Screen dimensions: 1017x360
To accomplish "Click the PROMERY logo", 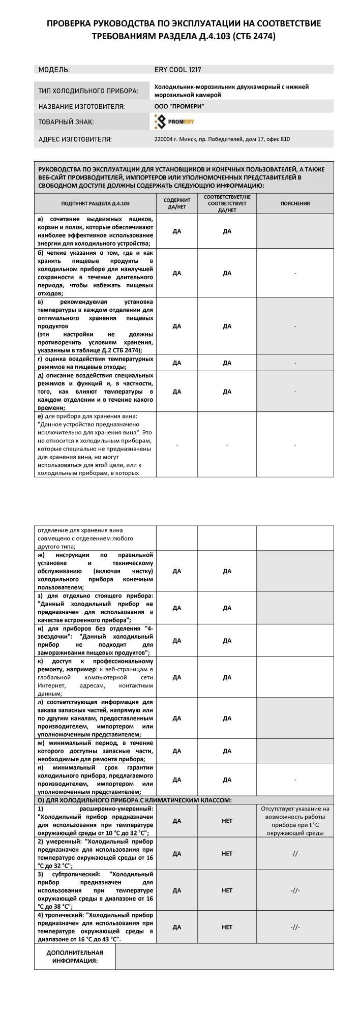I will point(174,122).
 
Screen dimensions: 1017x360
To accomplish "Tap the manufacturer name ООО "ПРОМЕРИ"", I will point(179,106).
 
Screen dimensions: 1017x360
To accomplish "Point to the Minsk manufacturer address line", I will point(222,139).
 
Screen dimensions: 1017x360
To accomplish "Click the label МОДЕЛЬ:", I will point(54,70).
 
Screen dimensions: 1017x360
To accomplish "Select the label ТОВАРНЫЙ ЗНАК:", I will point(66,122).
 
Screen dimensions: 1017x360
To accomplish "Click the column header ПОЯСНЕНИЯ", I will point(295,203).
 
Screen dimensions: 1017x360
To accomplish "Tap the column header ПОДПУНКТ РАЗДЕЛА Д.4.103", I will point(95,203).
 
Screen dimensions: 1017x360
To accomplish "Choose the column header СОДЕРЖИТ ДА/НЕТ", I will point(176,203).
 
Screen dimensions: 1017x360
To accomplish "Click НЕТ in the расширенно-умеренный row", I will point(227,821).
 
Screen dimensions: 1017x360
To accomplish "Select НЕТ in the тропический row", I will point(227,927).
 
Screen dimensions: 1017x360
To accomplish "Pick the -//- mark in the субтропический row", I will point(295,890).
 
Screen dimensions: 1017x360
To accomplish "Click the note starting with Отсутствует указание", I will point(295,821).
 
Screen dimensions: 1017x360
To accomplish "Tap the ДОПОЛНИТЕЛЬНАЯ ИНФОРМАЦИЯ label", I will point(75,956).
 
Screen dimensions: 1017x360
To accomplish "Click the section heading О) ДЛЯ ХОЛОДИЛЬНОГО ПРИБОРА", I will point(135,800).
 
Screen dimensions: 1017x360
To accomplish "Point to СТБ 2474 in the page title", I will point(254,36).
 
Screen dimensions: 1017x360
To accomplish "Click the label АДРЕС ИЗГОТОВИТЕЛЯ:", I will point(75,139).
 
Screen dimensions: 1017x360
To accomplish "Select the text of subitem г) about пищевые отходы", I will point(95,363).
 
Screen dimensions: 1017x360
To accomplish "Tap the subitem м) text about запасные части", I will point(95,751).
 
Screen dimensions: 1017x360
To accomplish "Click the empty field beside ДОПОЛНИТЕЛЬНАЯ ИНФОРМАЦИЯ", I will point(224,956).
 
